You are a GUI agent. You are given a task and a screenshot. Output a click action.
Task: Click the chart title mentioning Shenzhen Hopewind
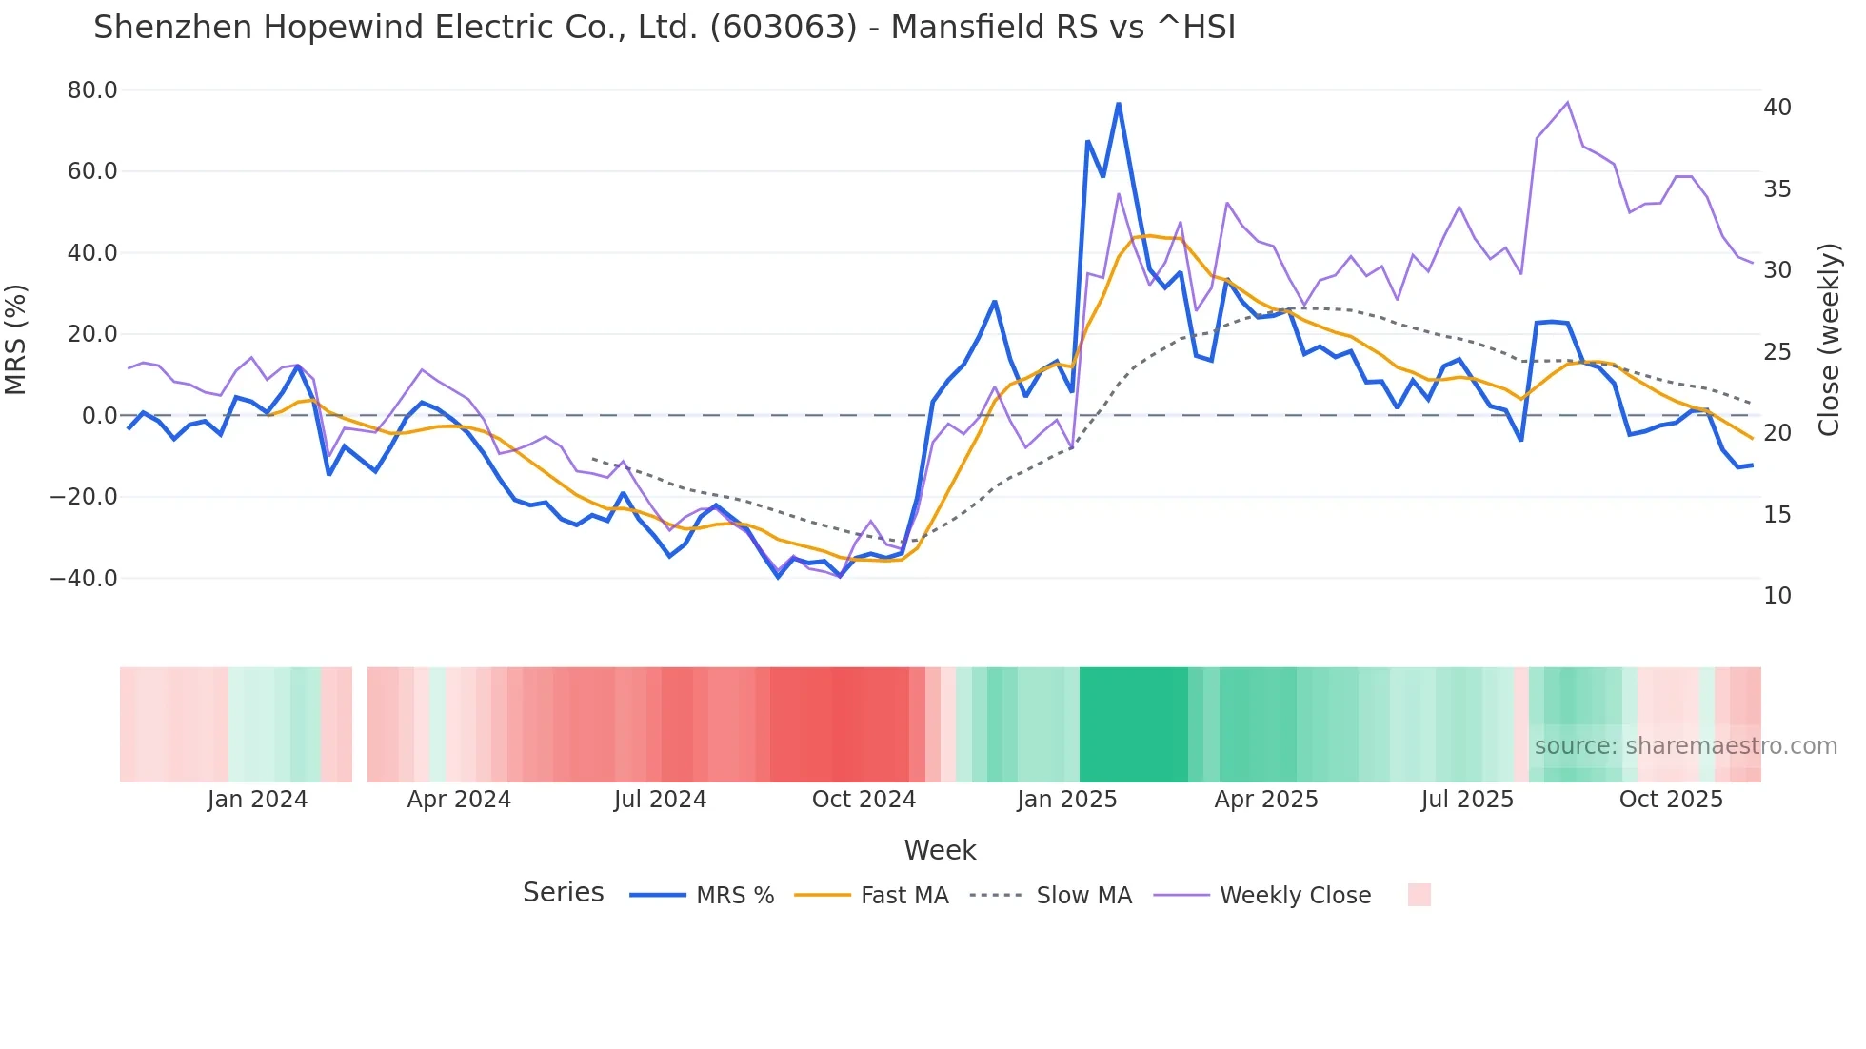coord(665,28)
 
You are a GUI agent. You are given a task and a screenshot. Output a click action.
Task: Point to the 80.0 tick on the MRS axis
coord(92,90)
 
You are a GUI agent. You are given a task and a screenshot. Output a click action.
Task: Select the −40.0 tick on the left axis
coord(84,578)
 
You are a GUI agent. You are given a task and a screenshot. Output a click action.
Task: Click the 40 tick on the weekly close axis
coord(1777,108)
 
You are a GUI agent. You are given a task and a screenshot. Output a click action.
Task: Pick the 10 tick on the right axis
coord(1777,596)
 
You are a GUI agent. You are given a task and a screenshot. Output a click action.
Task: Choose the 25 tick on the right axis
coord(1777,352)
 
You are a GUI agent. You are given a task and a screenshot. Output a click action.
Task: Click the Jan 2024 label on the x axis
coord(257,800)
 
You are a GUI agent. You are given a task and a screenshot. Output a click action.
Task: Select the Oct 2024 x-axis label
coord(864,800)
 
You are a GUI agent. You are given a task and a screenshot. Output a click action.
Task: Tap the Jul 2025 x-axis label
coord(1467,800)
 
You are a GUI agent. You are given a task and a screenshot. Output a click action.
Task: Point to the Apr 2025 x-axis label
coord(1266,800)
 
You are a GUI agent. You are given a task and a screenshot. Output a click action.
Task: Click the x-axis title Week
coord(940,850)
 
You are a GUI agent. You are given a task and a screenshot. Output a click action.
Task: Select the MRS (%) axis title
coord(16,339)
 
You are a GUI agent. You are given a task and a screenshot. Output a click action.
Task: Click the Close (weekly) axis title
coord(1829,339)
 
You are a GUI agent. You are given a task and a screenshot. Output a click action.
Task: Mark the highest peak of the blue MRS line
coord(1119,103)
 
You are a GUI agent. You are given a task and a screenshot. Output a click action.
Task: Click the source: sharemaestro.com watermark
coord(1685,746)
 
